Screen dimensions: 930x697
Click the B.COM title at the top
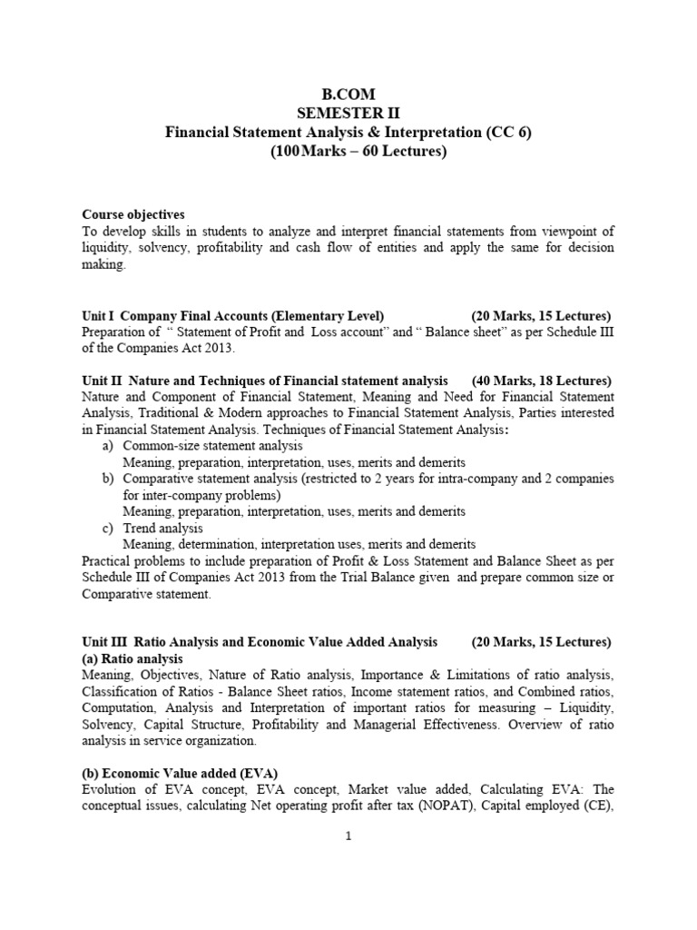348,94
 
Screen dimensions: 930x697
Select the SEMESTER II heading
348,113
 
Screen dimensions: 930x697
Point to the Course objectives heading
133,214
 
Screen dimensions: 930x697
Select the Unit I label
99,315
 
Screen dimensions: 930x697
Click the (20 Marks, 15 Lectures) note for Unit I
542,315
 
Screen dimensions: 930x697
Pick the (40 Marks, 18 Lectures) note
542,381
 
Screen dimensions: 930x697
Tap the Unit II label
101,381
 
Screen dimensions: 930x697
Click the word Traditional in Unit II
158,413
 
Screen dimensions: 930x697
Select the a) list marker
107,446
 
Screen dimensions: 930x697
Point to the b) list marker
107,479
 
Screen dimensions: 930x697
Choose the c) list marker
107,528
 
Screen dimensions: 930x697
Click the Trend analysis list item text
163,528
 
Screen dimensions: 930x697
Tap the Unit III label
103,642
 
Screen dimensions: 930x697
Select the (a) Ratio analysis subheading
133,658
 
